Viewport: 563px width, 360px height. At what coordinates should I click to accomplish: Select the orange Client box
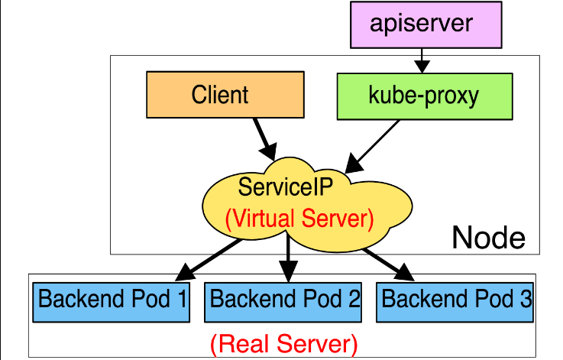220,95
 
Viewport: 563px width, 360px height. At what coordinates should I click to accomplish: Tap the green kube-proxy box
423,96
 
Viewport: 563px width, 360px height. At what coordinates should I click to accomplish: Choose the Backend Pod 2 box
284,299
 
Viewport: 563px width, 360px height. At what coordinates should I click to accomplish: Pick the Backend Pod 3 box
456,299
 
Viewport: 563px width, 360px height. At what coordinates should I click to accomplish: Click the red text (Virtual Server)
299,219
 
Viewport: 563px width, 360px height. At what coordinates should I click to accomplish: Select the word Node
489,238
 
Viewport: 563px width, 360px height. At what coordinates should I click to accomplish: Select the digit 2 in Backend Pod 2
353,299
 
